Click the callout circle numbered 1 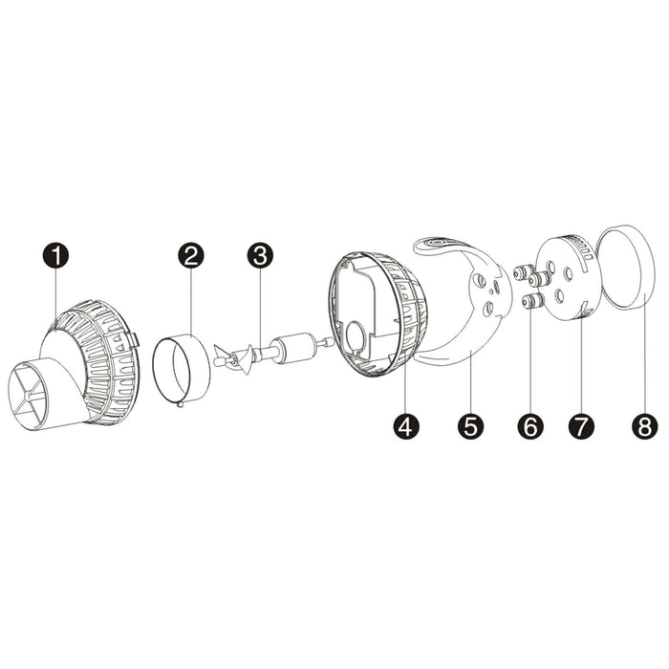[59, 256]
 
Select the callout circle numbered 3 [260, 256]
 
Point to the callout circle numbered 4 [405, 426]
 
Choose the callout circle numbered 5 [469, 426]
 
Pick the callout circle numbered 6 [528, 426]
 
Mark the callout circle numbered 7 [581, 426]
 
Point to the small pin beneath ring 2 [180, 405]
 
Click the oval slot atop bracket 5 [438, 244]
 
